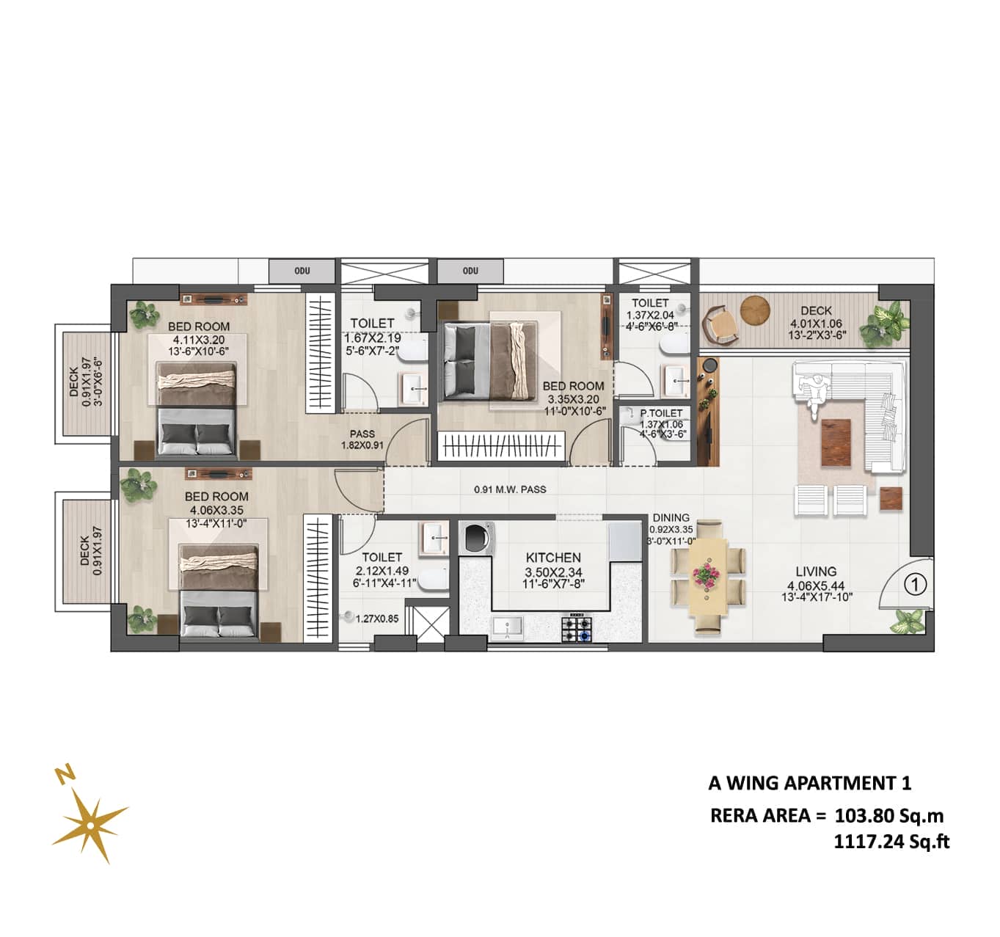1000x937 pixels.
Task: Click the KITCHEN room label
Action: pyautogui.click(x=553, y=558)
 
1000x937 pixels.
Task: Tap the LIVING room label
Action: pyautogui.click(x=816, y=572)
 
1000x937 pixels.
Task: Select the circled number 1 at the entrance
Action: pyautogui.click(x=916, y=585)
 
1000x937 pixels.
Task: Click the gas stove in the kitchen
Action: pyautogui.click(x=577, y=627)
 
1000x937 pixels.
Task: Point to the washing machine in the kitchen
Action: pyautogui.click(x=477, y=538)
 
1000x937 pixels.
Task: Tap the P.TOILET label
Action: pyautogui.click(x=660, y=413)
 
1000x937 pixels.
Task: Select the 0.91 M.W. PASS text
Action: pyautogui.click(x=510, y=489)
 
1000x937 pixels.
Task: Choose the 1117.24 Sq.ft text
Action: pyautogui.click(x=891, y=842)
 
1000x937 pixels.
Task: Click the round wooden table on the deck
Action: pyautogui.click(x=755, y=309)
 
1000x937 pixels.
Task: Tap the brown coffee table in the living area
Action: pyautogui.click(x=836, y=442)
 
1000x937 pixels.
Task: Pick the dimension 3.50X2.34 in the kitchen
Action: pyautogui.click(x=553, y=572)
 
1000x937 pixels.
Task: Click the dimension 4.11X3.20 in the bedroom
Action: pyautogui.click(x=199, y=340)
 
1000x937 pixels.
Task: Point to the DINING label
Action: pyautogui.click(x=671, y=518)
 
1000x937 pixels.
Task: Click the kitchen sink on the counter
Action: pyautogui.click(x=508, y=627)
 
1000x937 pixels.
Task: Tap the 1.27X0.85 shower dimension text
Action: pyautogui.click(x=376, y=619)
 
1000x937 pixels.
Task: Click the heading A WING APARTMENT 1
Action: pyautogui.click(x=810, y=784)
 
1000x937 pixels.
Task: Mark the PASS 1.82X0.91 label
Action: pyautogui.click(x=362, y=440)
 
